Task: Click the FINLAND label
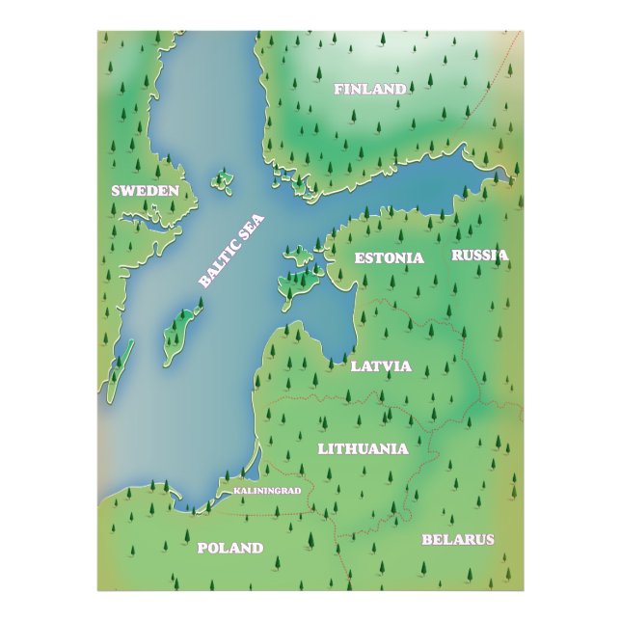pos(370,90)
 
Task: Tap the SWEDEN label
pos(145,191)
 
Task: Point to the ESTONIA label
pos(389,257)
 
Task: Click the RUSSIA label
pos(479,256)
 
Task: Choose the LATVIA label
pos(381,366)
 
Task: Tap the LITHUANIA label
pos(363,448)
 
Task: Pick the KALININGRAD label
pos(268,491)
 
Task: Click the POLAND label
pos(230,548)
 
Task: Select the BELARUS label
pos(458,539)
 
